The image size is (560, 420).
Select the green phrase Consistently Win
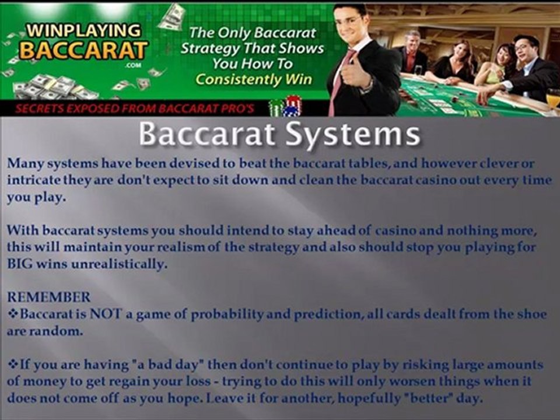click(254, 79)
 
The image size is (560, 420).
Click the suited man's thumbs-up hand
click(351, 73)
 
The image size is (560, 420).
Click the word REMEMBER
click(48, 297)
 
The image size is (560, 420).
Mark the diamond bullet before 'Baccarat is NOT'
click(13, 314)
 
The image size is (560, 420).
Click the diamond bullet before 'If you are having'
click(13, 365)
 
